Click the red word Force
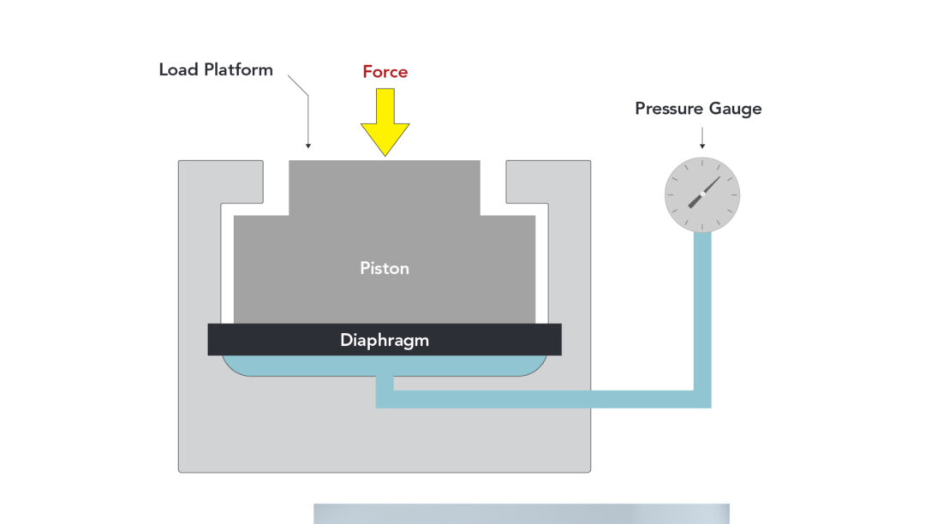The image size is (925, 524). coord(385,72)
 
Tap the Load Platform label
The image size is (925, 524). coord(216,70)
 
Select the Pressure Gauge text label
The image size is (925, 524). coord(698,109)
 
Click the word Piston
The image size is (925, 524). coord(385,268)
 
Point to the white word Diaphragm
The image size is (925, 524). coord(385,340)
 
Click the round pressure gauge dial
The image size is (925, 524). coord(702,195)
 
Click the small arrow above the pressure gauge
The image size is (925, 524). coord(702,138)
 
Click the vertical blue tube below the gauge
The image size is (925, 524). coord(702,308)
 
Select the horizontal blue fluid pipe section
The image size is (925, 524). coord(540,399)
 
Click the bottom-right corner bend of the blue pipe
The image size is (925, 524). coord(702,399)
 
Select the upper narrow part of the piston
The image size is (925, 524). coord(385,187)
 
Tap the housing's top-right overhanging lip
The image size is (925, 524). coord(527,182)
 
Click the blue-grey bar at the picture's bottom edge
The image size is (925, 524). coord(521,514)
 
